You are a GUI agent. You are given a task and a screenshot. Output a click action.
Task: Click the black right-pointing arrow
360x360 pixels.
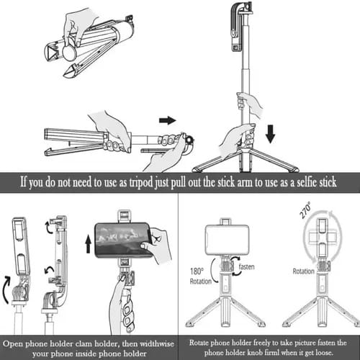(x=168, y=120)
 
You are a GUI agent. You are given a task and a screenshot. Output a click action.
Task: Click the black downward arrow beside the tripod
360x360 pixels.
(x=271, y=134)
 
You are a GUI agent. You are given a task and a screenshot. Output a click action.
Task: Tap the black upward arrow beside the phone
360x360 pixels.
(x=89, y=244)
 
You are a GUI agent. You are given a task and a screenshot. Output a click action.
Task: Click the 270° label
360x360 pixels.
(x=305, y=210)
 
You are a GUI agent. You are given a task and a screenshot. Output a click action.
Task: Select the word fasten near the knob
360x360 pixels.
(x=246, y=266)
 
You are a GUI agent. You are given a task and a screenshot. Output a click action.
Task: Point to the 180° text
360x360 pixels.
(x=197, y=271)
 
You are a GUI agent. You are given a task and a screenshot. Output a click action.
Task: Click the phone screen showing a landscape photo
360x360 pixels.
(x=122, y=239)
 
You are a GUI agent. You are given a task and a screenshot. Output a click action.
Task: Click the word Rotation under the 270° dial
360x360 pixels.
(x=304, y=271)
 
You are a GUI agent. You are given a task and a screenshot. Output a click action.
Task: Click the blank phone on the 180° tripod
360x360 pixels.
(x=227, y=240)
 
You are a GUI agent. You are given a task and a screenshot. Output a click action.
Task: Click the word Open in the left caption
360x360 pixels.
(x=13, y=344)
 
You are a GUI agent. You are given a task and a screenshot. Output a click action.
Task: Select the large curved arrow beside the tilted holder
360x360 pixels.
(x=6, y=289)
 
